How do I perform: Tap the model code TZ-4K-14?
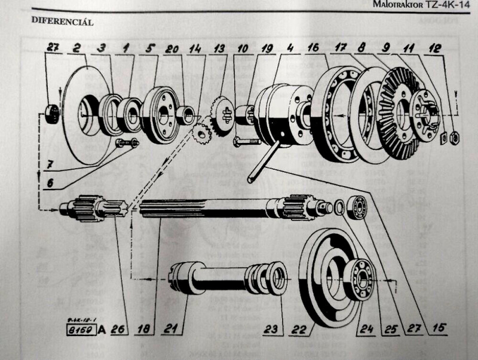click(x=449, y=5)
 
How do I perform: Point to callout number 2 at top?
click(x=77, y=47)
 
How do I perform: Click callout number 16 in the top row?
click(x=312, y=47)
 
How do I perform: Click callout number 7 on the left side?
click(x=47, y=163)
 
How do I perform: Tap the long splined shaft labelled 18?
click(x=209, y=208)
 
